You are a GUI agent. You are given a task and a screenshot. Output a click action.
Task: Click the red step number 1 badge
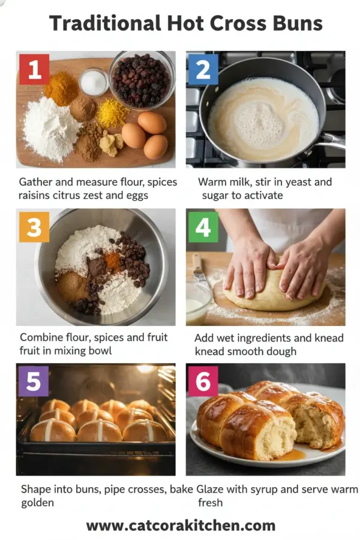click(34, 70)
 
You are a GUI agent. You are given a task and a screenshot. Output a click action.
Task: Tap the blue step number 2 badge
click(203, 70)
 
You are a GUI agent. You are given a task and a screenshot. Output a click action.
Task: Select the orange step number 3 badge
click(34, 227)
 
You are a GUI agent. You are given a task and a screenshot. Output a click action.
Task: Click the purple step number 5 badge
click(34, 382)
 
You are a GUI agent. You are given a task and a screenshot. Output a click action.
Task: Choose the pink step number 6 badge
click(203, 382)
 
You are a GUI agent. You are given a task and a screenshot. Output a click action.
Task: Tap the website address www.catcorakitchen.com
click(180, 526)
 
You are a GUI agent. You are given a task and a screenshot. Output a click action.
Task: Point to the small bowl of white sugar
click(94, 82)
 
